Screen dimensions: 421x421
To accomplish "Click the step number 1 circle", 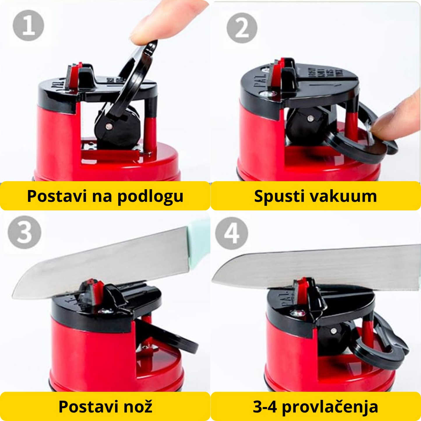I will point(28,25).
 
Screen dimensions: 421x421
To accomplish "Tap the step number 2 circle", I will point(242,28).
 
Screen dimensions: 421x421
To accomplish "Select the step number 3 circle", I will point(24,232).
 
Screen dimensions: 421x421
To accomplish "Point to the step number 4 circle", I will point(232,233).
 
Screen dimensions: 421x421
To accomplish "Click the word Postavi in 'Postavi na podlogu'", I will point(57,196).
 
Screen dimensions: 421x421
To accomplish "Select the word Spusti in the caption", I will point(279,196).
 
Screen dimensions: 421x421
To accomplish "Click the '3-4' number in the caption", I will point(265,407).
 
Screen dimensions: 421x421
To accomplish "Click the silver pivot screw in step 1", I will point(110,126).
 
